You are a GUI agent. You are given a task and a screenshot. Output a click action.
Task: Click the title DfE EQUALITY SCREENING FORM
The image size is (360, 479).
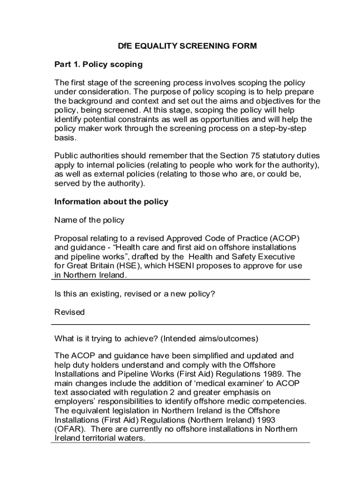187,46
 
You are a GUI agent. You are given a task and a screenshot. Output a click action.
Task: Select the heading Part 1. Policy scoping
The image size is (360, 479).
98,64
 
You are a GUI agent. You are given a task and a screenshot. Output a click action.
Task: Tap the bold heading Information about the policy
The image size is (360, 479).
111,202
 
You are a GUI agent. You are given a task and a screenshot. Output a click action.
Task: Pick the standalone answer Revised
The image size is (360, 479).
70,312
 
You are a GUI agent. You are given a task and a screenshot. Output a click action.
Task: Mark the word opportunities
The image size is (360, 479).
237,119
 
